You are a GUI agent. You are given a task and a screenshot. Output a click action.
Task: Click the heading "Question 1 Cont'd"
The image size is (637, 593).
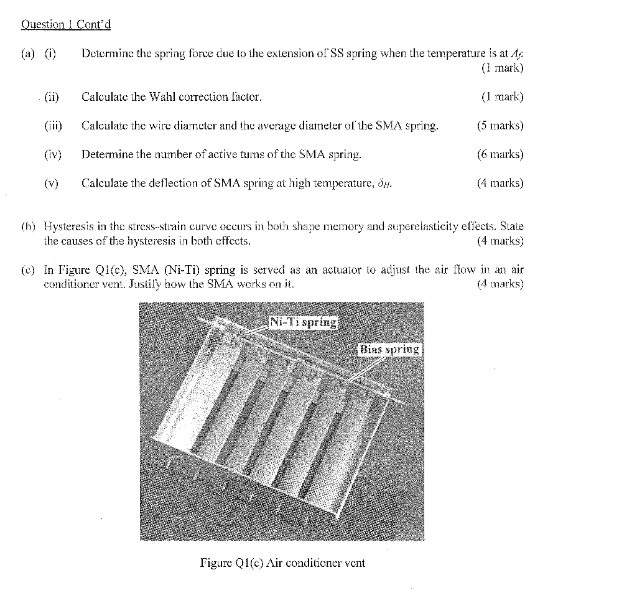[x=66, y=25]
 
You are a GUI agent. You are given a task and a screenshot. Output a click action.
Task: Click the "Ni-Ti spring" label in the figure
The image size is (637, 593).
[x=304, y=322]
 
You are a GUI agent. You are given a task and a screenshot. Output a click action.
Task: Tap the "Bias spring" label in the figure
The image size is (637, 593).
[x=390, y=349]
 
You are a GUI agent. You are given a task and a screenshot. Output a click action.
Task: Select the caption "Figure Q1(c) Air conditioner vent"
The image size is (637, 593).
[x=282, y=563]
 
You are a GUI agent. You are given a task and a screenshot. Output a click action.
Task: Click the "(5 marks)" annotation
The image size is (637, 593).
[x=500, y=126]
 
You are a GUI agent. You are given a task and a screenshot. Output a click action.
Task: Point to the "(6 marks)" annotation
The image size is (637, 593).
[x=500, y=154]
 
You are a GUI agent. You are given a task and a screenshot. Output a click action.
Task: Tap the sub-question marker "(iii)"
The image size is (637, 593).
[x=53, y=126]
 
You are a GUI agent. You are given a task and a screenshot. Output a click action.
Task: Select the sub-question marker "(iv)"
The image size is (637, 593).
[x=52, y=154]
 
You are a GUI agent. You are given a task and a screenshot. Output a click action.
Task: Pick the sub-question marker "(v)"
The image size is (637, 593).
[x=51, y=183]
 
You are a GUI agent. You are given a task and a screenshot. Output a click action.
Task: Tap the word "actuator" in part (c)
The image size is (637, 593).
[x=328, y=270]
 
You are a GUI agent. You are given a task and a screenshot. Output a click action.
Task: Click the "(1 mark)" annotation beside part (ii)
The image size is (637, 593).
[x=503, y=97]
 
